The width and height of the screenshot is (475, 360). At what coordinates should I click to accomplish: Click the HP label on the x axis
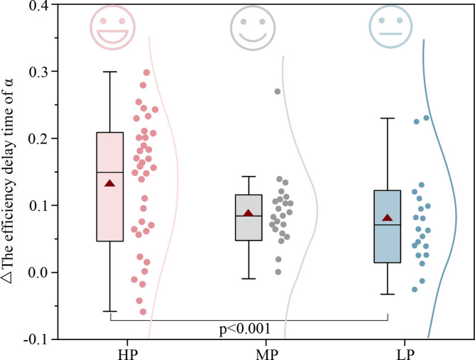(110, 353)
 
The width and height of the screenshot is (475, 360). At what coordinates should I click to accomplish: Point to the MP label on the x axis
(249, 353)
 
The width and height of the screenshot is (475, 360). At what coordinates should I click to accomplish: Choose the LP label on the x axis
(388, 353)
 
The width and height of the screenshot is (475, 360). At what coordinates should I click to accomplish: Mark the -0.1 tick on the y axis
(38, 339)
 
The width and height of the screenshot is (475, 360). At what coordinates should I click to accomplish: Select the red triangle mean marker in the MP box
(249, 213)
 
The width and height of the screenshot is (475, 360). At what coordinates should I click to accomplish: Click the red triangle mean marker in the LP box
(388, 218)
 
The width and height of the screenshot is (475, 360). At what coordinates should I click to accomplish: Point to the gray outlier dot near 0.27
(278, 92)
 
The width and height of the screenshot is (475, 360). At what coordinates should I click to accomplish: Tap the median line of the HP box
(110, 173)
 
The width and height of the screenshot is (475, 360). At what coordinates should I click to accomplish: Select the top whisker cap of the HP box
(110, 72)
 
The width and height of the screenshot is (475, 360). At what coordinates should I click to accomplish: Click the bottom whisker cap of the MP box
(249, 279)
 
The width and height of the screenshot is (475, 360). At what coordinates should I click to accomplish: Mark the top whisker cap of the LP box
(388, 119)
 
